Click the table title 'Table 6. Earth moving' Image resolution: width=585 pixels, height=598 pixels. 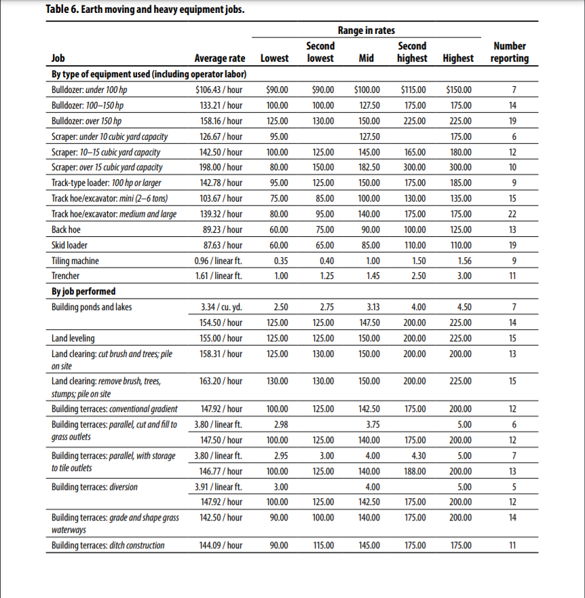pos(116,10)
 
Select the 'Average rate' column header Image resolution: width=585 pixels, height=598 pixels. pos(219,58)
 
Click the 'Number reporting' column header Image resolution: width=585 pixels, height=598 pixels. pos(510,52)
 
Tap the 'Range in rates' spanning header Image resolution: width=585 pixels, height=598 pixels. pos(366,31)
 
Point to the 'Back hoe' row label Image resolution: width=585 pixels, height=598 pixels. pos(67,229)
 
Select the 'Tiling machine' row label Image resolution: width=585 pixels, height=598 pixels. pos(75,261)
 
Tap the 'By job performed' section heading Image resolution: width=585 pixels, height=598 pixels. pos(83,291)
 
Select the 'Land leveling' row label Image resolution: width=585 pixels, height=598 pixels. pos(73,338)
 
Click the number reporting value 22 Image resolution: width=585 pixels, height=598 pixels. pos(512,214)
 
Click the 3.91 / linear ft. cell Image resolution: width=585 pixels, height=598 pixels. pos(219,487)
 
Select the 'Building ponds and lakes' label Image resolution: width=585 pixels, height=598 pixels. pos(92,307)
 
